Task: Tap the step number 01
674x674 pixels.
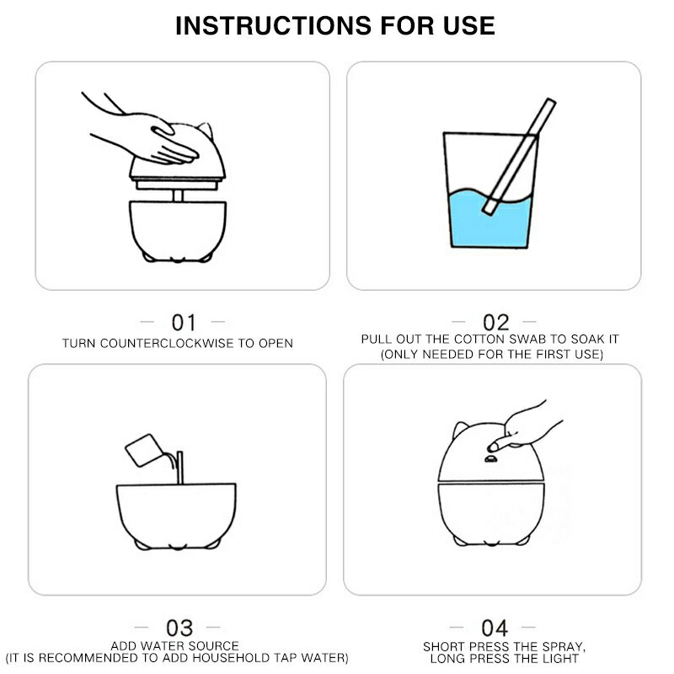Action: (184, 323)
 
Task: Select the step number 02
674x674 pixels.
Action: (495, 323)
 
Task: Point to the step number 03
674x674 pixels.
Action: (179, 628)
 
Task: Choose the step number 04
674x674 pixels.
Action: (495, 628)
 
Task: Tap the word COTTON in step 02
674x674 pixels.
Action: (478, 340)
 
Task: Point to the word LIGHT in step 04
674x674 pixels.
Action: (560, 658)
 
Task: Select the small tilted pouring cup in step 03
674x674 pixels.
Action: (144, 450)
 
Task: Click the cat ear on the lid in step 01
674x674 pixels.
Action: (206, 130)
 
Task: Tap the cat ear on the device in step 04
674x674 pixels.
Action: (460, 429)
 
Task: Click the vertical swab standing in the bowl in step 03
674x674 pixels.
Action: (179, 468)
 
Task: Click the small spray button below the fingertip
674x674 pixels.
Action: (491, 459)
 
